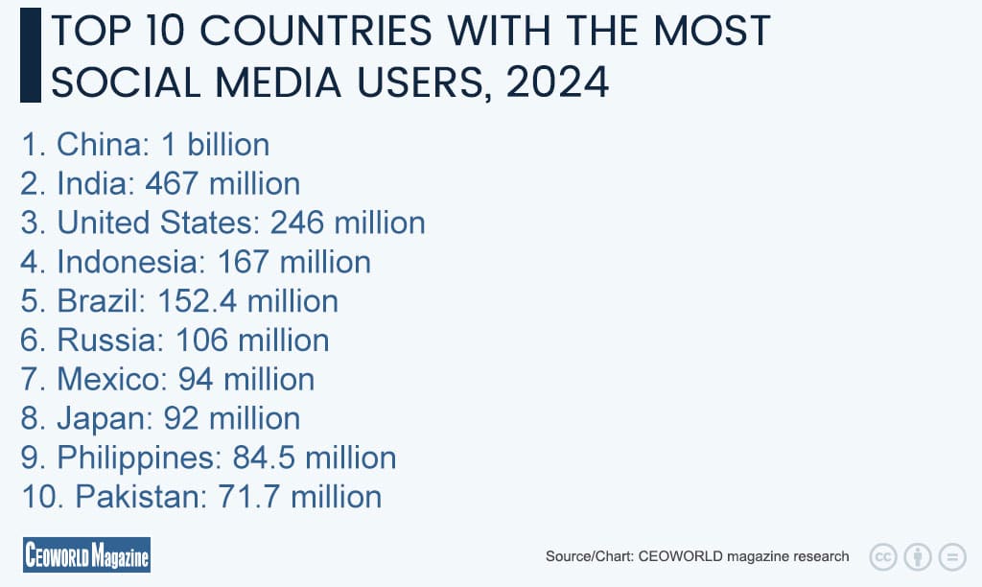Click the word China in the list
point(97,145)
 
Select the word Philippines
point(136,458)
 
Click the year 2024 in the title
point(557,82)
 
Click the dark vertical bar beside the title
point(30,55)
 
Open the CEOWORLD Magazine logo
point(86,555)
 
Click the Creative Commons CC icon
point(882,556)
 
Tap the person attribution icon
point(918,556)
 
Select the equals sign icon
point(951,556)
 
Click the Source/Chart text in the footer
point(590,556)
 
